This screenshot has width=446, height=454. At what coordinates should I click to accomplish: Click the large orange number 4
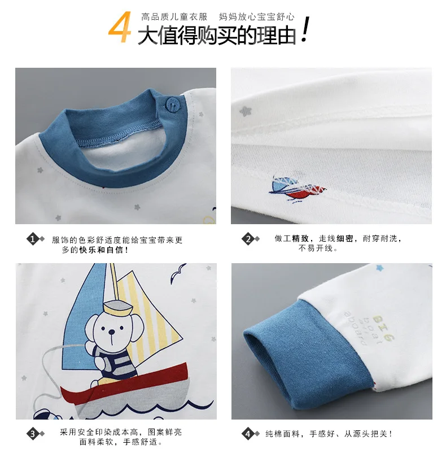coord(120,27)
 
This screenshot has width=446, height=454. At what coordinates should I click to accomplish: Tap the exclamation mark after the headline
coord(305,29)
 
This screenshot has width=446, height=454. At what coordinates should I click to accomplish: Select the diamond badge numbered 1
coord(33,239)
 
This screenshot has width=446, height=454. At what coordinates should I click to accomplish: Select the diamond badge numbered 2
coord(248,239)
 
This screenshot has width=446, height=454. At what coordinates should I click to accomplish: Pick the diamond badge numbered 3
coord(33,434)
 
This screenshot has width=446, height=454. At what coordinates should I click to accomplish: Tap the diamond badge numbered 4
coord(248,434)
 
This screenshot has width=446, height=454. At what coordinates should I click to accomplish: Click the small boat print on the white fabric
coord(297,188)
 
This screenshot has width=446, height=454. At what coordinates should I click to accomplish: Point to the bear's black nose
coord(111,331)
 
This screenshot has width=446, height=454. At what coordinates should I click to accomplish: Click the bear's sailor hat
coord(118,308)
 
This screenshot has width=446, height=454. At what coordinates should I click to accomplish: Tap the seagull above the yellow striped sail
coord(177,273)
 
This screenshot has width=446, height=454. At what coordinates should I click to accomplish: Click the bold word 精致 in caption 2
coord(300,239)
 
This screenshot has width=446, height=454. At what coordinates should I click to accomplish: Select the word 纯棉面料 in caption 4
coord(282,434)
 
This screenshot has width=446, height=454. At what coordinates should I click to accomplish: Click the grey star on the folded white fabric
coord(246,111)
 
